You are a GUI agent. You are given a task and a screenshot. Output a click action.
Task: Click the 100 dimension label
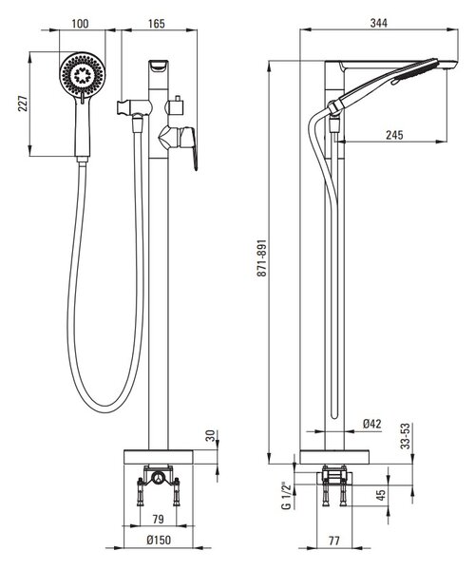(80, 24)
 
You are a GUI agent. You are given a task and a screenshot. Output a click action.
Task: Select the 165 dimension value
(156, 24)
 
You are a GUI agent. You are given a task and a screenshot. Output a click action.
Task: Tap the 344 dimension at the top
(379, 23)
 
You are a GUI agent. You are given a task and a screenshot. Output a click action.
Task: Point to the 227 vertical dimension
(23, 104)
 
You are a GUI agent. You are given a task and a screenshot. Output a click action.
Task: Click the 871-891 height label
(261, 258)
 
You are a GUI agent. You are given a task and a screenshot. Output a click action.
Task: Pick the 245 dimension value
(394, 135)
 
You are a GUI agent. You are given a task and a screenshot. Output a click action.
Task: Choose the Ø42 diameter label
(372, 424)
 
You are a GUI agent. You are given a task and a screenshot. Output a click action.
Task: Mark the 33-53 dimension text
(406, 436)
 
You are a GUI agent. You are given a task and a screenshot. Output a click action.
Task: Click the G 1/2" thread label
(287, 496)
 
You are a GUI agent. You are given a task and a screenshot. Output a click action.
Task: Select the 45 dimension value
(380, 495)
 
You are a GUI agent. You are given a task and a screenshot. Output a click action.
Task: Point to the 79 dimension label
(158, 519)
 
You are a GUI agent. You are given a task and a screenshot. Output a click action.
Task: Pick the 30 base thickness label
(211, 436)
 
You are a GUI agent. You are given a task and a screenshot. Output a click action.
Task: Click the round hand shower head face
(82, 75)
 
